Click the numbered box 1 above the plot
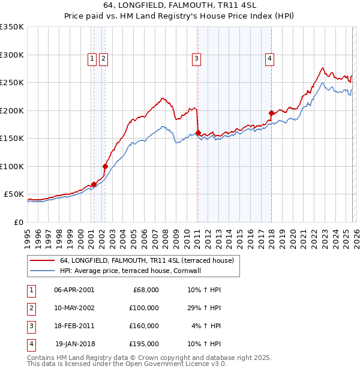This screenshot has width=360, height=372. [92, 58]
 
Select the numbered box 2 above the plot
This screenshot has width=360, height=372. [103, 58]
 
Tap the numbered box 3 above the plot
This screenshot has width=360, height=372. [196, 58]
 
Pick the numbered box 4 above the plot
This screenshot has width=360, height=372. [270, 58]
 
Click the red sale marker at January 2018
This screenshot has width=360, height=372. [271, 113]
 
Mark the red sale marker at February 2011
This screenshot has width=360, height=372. [198, 133]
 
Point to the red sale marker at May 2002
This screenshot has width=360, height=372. [105, 166]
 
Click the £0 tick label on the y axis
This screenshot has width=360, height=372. [18, 222]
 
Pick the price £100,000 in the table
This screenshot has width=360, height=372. [144, 307]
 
